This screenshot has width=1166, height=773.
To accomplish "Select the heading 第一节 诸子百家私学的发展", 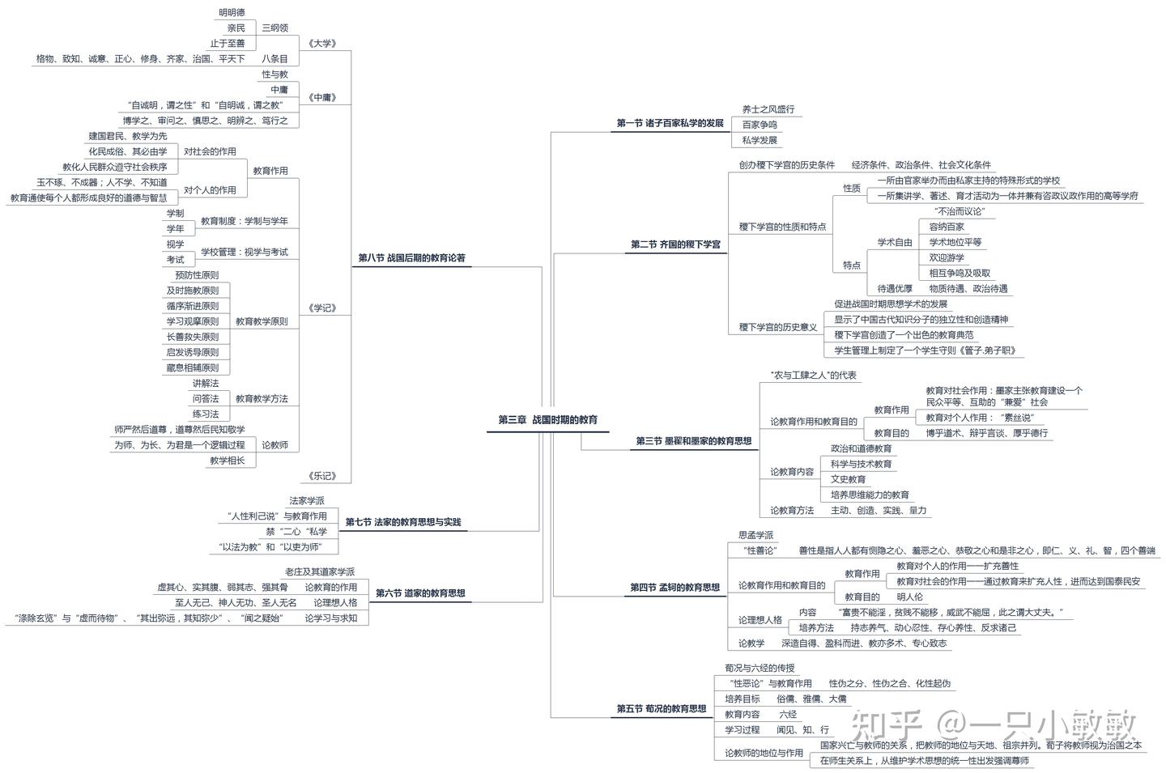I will click(x=670, y=123).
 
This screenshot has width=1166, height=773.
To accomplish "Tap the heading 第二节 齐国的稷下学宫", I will click(x=675, y=244).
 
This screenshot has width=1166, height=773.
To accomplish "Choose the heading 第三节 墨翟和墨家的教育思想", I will click(x=693, y=441).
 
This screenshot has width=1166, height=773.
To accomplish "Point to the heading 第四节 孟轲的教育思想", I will click(x=674, y=588).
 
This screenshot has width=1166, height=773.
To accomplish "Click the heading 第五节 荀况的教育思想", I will click(x=661, y=709).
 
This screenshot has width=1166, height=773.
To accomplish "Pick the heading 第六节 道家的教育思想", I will click(x=420, y=592).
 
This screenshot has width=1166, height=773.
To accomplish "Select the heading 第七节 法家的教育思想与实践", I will click(x=402, y=522).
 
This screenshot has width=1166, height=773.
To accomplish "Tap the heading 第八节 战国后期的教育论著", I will click(x=411, y=258).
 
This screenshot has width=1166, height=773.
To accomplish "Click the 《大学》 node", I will click(x=322, y=43).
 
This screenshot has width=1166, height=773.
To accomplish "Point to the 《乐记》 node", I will click(x=322, y=476).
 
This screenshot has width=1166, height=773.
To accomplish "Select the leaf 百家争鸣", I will click(x=760, y=125).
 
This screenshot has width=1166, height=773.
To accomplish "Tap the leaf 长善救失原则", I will click(x=193, y=337).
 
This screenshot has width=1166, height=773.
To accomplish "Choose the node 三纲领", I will click(x=274, y=28).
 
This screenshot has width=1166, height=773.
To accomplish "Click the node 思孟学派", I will click(x=755, y=535).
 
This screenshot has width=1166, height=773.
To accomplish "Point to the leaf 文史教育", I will click(x=848, y=479).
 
